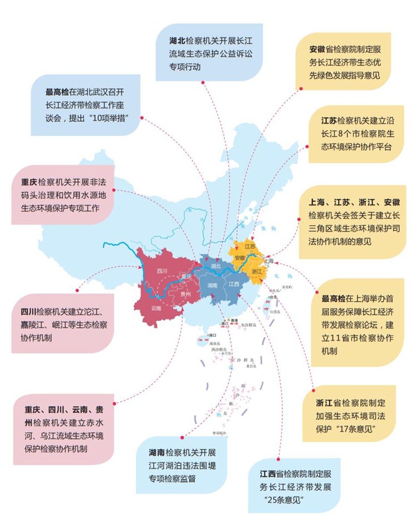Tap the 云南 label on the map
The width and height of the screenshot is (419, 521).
tap(156, 308)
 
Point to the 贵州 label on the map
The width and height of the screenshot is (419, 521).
tap(185, 294)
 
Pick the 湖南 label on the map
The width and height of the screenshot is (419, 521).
tap(213, 286)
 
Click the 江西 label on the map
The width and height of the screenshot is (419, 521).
tap(234, 284)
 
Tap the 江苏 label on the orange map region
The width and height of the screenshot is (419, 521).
tap(250, 246)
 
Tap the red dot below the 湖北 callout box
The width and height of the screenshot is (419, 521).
tap(203, 82)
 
